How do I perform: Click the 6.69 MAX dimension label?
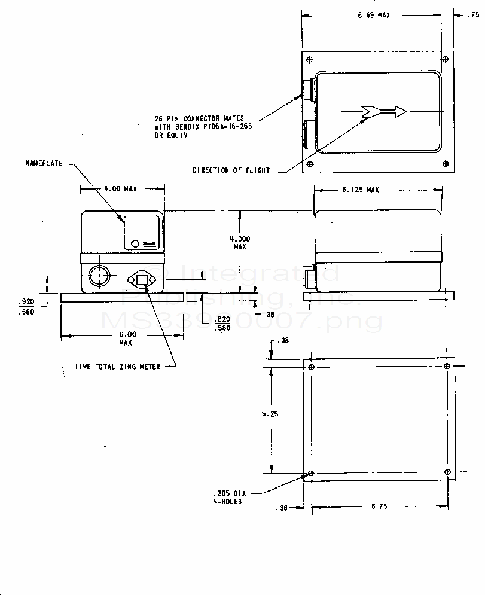point(374,15)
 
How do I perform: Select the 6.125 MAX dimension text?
point(361,190)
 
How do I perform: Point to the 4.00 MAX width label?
point(121,189)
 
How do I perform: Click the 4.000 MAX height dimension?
point(240,242)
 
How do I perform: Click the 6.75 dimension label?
point(379,506)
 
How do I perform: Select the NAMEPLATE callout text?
point(44,163)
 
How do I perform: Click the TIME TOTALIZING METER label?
point(117,367)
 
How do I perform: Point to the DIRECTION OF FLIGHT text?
point(231,170)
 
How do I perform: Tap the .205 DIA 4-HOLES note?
point(227,498)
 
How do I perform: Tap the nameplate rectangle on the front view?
point(142,233)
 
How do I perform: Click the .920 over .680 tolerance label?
point(26,307)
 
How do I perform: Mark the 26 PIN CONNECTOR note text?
point(198,127)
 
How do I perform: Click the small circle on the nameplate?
point(135,243)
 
